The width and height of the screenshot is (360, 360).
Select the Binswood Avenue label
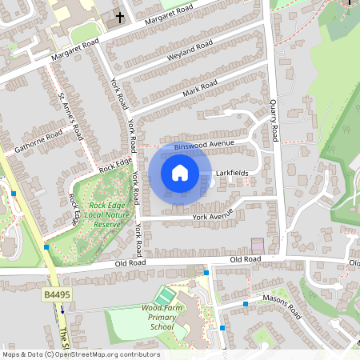206,143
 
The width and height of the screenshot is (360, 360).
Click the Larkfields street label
232,173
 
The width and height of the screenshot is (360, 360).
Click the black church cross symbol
119,17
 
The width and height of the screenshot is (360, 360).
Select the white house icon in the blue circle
180,173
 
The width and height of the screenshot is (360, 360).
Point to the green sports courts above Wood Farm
164,296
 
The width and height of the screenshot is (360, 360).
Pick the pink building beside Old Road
258,245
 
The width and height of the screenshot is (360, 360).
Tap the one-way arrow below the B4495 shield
62,310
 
